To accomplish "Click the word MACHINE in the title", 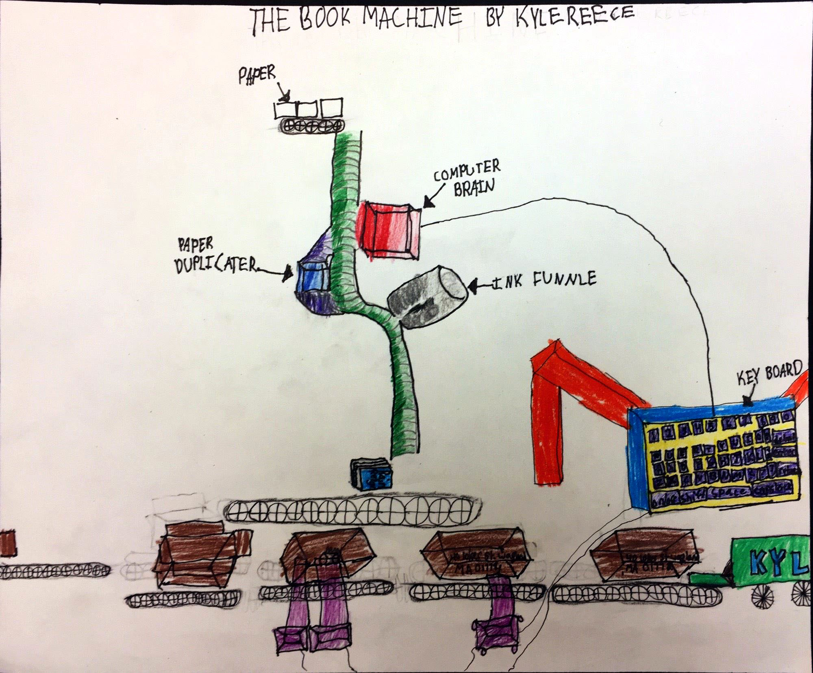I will click(411, 18).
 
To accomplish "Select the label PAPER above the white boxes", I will click(257, 75).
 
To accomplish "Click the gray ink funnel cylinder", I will click(427, 297).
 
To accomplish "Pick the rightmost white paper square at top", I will click(331, 107).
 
